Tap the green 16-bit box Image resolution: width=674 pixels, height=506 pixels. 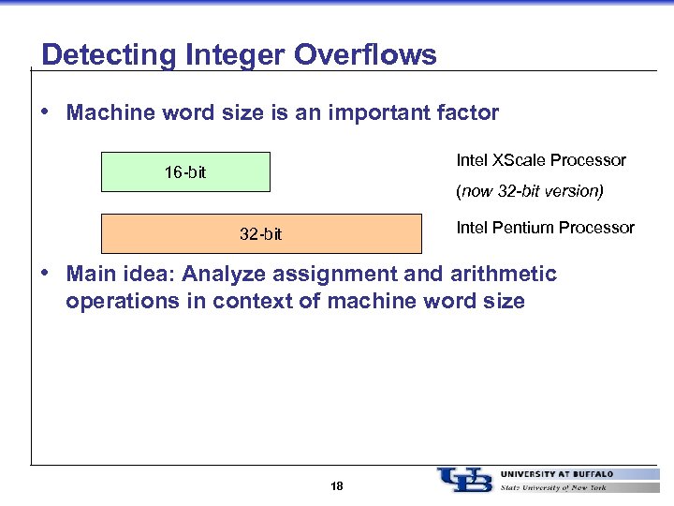point(185,172)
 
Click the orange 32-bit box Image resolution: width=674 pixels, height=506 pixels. point(261,234)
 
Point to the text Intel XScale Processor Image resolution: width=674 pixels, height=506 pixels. point(540,160)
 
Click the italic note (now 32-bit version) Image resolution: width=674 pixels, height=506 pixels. point(529,191)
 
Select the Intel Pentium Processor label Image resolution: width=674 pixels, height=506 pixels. point(545,228)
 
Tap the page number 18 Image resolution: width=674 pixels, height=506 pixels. point(337,486)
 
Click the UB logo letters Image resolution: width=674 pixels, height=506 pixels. point(464,479)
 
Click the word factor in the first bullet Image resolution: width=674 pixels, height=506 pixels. point(468,113)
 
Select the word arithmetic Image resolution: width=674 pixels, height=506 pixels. point(503,274)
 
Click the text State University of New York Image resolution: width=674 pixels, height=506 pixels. point(552,487)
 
